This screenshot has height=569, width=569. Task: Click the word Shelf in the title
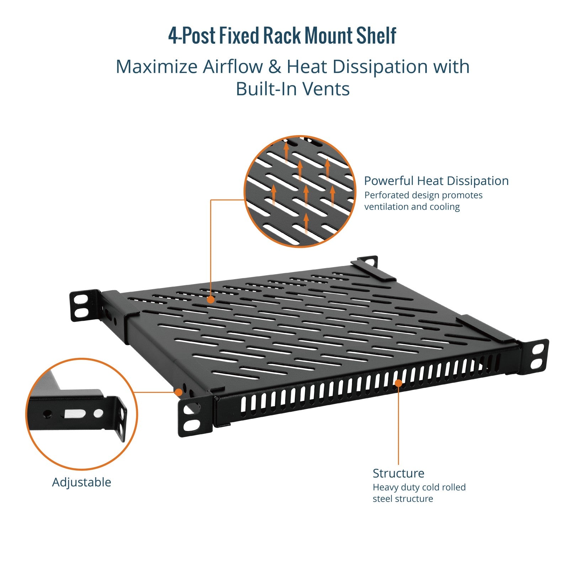coord(376,36)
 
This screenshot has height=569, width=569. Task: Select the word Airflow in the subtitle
coord(233,67)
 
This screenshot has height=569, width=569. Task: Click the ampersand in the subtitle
coord(275,67)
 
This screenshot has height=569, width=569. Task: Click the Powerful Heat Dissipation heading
coord(436,181)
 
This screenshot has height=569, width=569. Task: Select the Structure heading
coord(398,473)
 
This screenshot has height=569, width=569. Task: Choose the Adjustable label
coord(81,482)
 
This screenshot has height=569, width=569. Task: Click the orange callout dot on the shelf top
coord(211,300)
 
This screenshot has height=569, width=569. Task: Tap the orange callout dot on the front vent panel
coord(398,383)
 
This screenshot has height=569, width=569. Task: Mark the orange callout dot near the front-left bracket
coord(179,392)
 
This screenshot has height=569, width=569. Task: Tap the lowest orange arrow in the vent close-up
coord(306,222)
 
